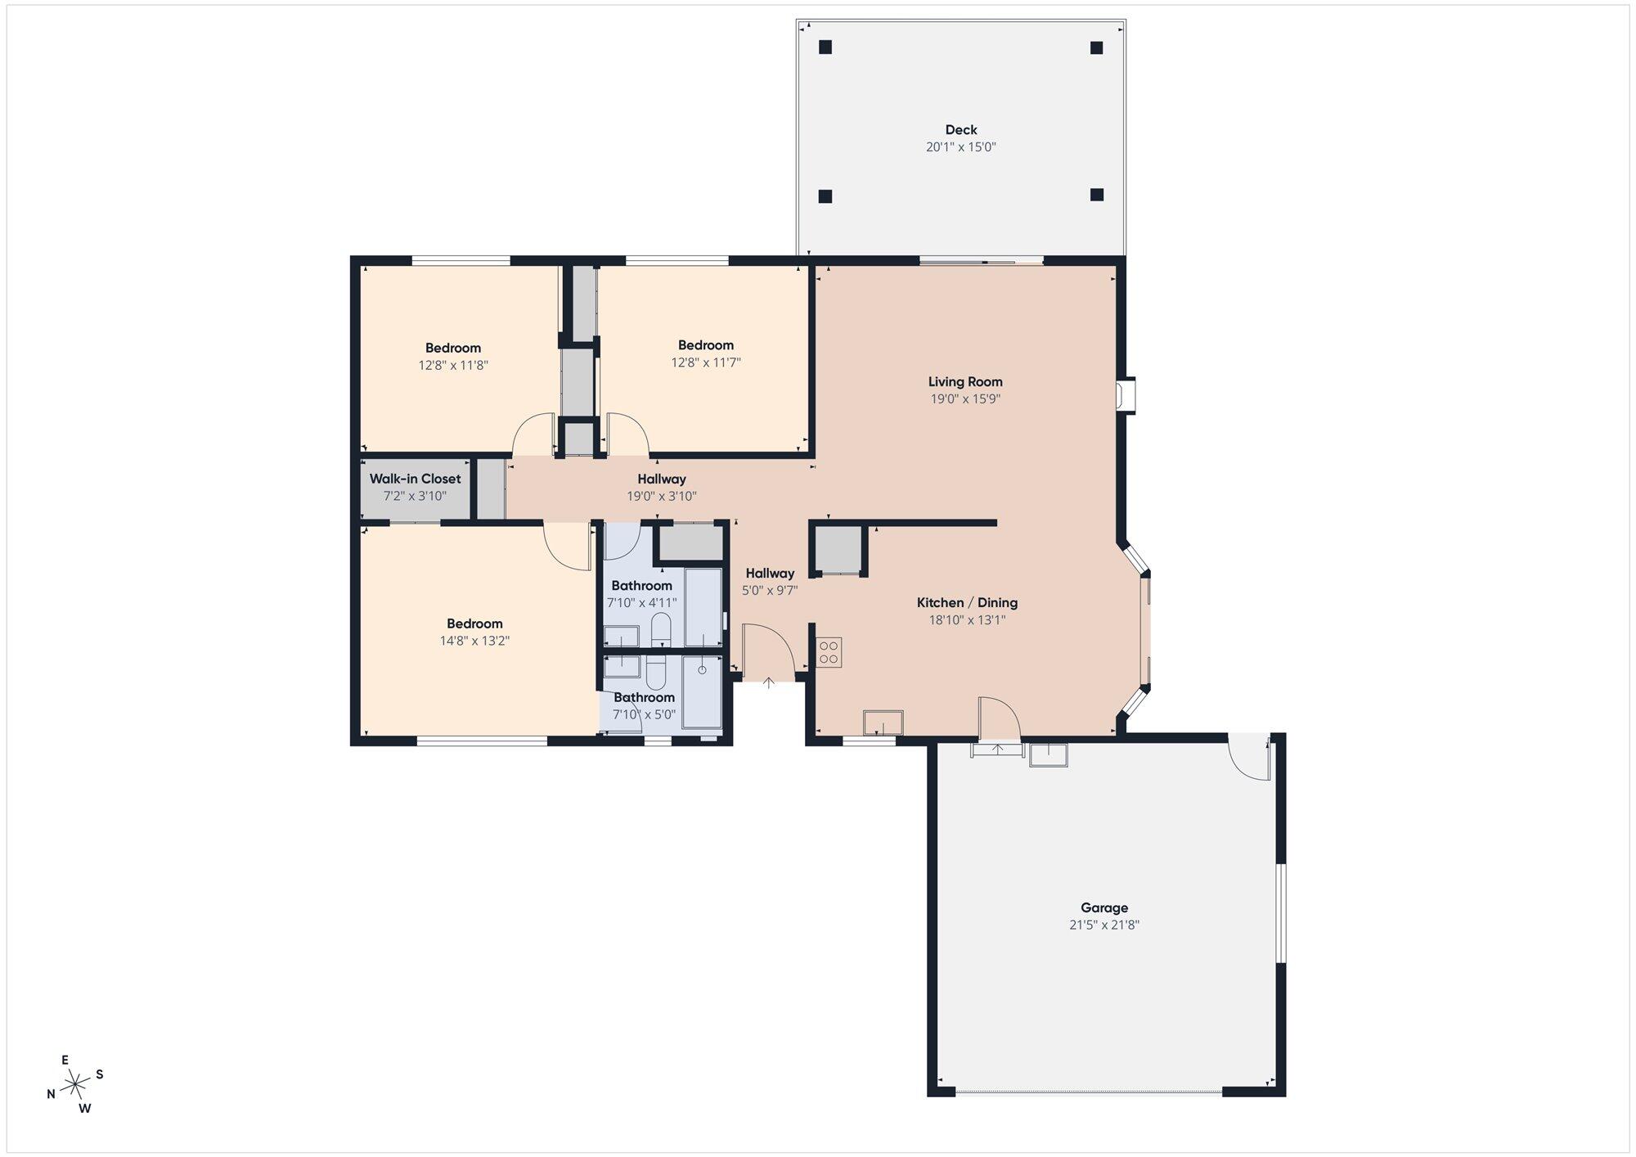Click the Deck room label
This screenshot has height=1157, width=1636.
[961, 129]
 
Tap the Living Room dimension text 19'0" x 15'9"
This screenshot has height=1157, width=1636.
[965, 399]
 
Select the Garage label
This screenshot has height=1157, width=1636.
[1104, 907]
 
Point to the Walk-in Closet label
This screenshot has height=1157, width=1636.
[415, 479]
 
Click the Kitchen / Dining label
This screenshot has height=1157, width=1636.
[967, 602]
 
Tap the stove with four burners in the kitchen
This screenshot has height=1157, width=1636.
[829, 652]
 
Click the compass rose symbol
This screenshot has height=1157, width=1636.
[75, 1085]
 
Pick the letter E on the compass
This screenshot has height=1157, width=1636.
[65, 1060]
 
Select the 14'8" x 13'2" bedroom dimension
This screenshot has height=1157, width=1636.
[474, 642]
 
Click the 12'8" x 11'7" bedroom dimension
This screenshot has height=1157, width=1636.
[706, 362]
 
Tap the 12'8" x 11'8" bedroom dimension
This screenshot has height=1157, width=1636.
[453, 366]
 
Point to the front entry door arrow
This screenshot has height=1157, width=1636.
[769, 682]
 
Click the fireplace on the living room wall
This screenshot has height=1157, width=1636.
[1127, 395]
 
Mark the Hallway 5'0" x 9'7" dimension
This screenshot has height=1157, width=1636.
[770, 590]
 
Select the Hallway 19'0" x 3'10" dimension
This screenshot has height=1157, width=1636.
[662, 496]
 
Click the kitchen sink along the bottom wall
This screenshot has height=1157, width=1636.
[883, 723]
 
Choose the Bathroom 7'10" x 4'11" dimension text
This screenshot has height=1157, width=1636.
[642, 603]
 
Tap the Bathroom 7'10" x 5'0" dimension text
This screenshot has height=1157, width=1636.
[645, 714]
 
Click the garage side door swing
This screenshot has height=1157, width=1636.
[1249, 757]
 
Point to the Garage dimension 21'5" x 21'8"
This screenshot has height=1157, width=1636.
[1104, 925]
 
